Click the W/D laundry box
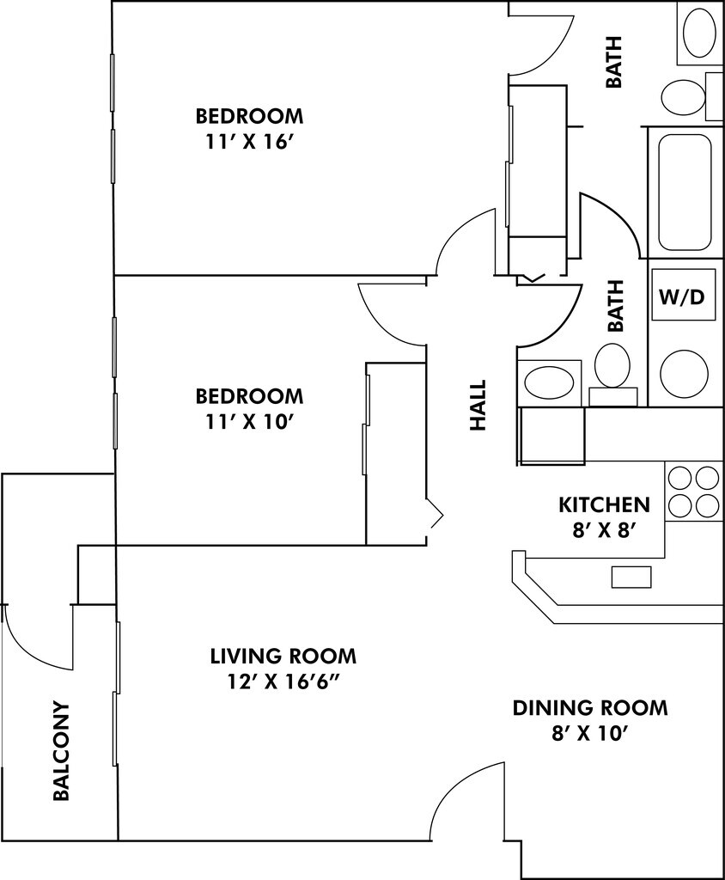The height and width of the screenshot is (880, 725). tap(684, 295)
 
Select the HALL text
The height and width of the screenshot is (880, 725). tap(478, 406)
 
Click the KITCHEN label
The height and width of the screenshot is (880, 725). tap(604, 504)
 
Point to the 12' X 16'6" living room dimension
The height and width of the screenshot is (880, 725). tap(283, 681)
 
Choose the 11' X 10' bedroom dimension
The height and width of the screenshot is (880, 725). tap(250, 421)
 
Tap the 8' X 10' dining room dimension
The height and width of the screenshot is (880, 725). tap(590, 733)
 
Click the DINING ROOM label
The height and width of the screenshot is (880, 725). tap(590, 708)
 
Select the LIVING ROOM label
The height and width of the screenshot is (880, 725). tap(283, 656)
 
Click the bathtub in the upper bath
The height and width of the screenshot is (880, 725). tap(685, 192)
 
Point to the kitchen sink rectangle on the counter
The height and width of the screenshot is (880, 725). tap(631, 577)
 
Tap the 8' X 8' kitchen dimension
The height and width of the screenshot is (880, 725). tap(604, 530)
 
